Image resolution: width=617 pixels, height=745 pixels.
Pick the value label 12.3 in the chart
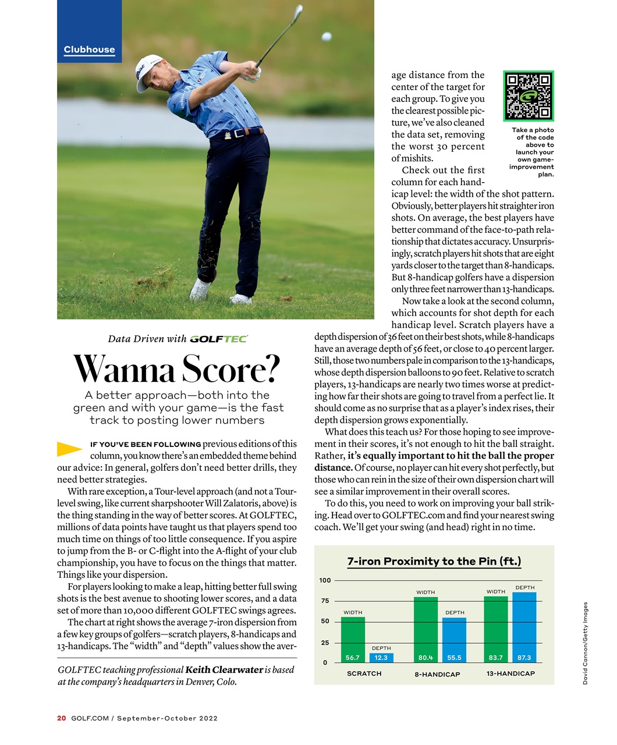tap(381, 658)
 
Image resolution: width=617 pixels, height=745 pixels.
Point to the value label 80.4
tap(425, 658)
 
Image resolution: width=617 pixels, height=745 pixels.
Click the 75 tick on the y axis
tap(325, 601)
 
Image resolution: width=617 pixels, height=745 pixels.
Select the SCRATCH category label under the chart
tap(364, 673)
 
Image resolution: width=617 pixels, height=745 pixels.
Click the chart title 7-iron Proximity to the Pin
tap(434, 561)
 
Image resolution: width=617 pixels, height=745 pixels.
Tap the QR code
tap(528, 96)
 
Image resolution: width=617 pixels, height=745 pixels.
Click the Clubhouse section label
tap(89, 50)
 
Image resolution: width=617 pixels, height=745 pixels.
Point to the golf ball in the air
tap(327, 37)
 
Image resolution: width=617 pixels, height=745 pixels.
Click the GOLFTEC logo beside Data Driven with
tap(219, 339)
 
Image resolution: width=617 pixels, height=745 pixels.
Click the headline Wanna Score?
tap(177, 369)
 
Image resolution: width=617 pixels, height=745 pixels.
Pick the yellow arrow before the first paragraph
tap(69, 448)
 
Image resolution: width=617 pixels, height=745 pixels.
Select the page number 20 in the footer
tap(61, 718)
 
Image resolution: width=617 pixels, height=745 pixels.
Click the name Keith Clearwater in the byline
tap(224, 670)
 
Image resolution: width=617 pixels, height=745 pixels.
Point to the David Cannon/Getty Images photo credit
tap(585, 643)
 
